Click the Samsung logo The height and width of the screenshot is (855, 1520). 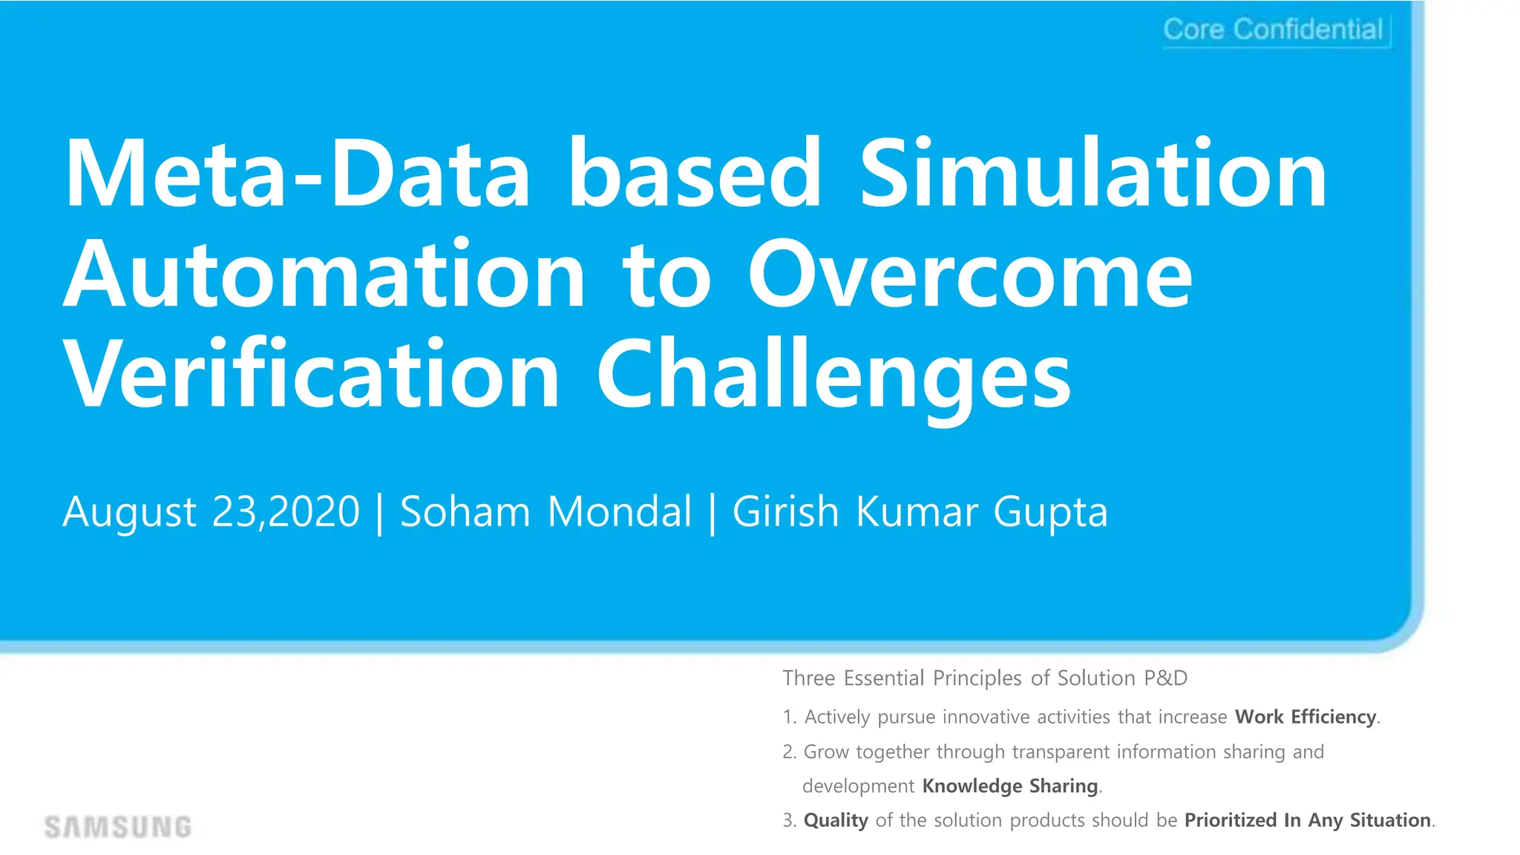pos(118,827)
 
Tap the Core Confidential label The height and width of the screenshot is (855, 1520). pos(1274,30)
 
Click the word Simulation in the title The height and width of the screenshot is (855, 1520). pos(1093,174)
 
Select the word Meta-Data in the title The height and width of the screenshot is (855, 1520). pos(298,174)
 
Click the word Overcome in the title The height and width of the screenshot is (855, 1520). pos(970,275)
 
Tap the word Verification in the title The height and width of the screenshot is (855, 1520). pos(312,374)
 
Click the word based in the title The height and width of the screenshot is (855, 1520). pos(695,174)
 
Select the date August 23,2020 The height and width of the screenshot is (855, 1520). pos(212,512)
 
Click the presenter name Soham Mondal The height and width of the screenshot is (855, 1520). pos(546,512)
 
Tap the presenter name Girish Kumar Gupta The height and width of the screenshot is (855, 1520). pos(920,512)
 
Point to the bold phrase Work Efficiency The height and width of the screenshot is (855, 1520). pos(1306,717)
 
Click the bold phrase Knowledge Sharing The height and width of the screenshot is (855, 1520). pos(1009,786)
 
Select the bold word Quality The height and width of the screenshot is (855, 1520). pos(836,821)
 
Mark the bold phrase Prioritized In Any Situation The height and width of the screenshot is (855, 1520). pos(1308,820)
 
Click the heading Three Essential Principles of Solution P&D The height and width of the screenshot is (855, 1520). pos(985,678)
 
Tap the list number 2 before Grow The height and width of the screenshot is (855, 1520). pos(788,753)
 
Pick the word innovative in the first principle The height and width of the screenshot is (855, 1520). pos(986,717)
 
